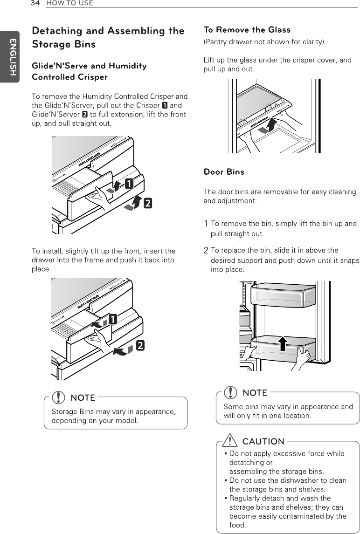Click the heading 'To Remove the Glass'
pos(247,30)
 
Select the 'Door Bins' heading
pos(224,172)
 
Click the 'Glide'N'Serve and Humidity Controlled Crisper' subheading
pos(89,71)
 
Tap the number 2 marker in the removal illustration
pos(147,203)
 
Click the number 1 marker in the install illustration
pos(113,320)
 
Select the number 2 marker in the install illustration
pos(139,345)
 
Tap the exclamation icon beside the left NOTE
pos(59,397)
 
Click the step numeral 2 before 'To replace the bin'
pos(206,251)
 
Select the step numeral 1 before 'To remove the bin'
pos(206,224)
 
